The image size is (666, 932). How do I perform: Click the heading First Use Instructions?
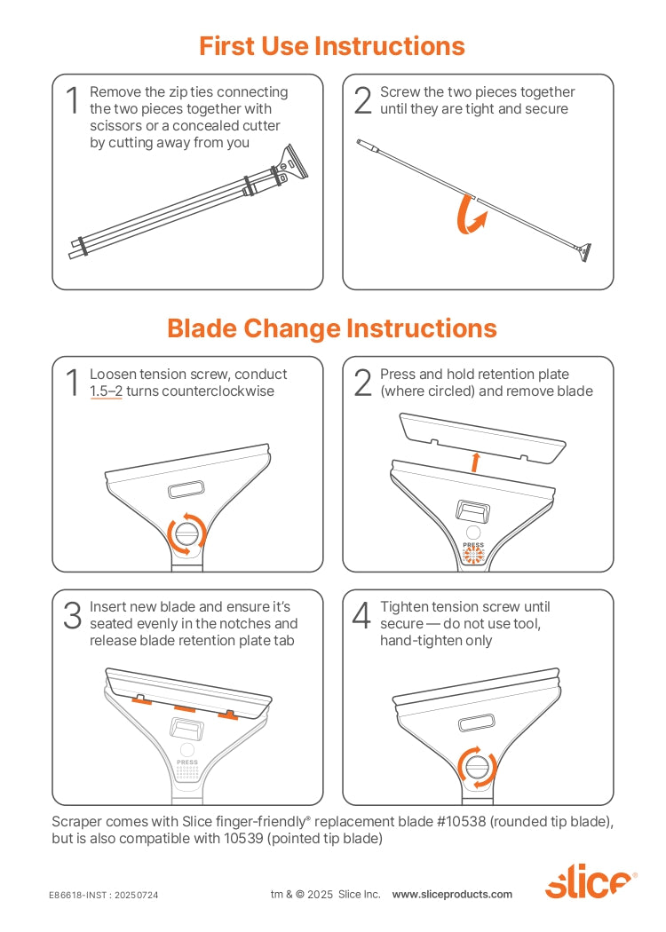(332, 46)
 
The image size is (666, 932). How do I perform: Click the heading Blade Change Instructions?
(332, 328)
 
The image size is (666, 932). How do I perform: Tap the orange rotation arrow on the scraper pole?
(469, 215)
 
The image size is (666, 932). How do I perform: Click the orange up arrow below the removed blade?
(475, 462)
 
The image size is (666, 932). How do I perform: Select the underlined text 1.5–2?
(106, 391)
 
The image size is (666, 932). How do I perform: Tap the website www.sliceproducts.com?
(452, 894)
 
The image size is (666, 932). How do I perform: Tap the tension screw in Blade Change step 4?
(477, 766)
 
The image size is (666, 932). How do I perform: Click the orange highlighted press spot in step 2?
(474, 555)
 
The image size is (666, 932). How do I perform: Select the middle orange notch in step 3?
(185, 708)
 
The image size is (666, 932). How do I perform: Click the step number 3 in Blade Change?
(73, 615)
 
